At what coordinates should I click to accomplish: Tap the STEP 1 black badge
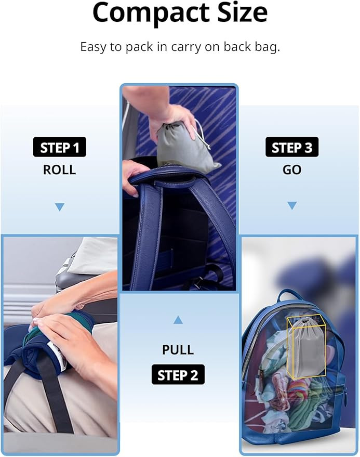60,148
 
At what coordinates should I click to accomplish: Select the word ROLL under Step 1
60,170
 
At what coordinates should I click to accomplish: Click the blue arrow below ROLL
60,207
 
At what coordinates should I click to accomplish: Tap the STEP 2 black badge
178,374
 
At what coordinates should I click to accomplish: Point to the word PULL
178,349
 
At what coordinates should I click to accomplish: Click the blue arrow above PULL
178,320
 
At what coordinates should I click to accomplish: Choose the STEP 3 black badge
292,148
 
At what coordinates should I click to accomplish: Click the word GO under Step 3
292,170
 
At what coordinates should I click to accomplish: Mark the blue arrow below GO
292,205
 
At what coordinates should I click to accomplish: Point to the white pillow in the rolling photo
94,255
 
